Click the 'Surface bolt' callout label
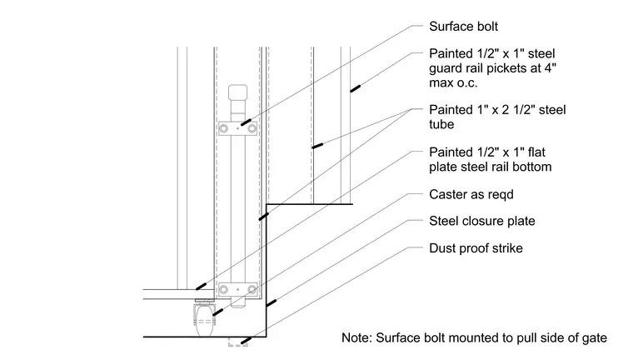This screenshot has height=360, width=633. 463,27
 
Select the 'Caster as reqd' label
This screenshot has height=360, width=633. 471,195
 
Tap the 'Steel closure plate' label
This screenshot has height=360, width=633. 482,221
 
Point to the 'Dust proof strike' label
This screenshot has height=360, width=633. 476,248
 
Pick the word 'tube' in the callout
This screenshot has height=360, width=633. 441,124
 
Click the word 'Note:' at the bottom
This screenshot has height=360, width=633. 356,337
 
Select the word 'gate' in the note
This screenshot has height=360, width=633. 594,338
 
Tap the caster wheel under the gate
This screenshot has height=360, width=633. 204,321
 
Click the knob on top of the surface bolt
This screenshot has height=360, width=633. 237,92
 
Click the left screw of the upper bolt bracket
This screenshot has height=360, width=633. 224,129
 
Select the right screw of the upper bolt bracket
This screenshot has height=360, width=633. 252,129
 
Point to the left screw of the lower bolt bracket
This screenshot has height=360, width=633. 224,290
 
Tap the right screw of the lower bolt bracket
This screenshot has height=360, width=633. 252,290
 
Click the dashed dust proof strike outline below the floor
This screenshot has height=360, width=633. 237,342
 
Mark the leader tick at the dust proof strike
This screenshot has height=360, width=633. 245,341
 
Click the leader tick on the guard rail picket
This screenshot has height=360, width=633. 355,88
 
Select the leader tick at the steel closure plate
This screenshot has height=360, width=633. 272,303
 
